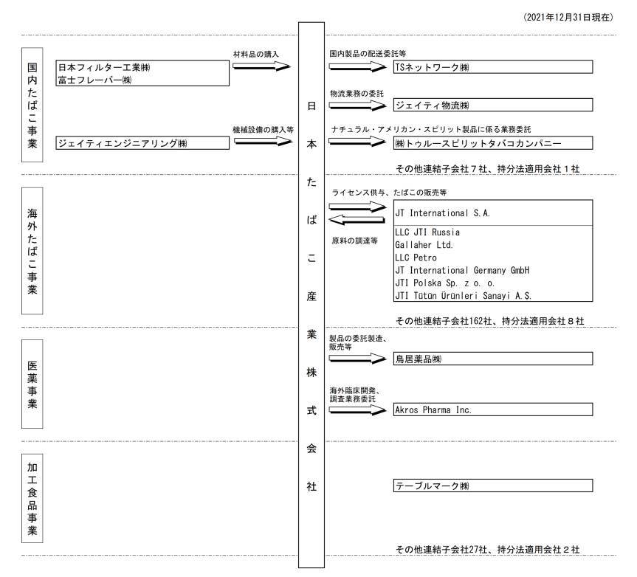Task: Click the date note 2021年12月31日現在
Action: (x=568, y=17)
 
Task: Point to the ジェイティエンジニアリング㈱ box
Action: (x=142, y=143)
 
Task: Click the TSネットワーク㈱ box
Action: (x=493, y=67)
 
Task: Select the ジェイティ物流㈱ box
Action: (x=493, y=106)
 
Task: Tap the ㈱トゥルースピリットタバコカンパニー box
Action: (x=493, y=143)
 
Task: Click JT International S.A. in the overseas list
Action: (x=443, y=213)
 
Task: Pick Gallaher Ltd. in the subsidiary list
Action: (x=424, y=245)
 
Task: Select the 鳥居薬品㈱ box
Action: (x=493, y=359)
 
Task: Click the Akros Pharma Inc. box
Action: (x=493, y=410)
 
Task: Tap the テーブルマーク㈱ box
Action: (x=493, y=486)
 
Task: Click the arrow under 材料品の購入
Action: (x=262, y=66)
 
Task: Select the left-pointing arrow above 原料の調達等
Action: (x=357, y=221)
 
